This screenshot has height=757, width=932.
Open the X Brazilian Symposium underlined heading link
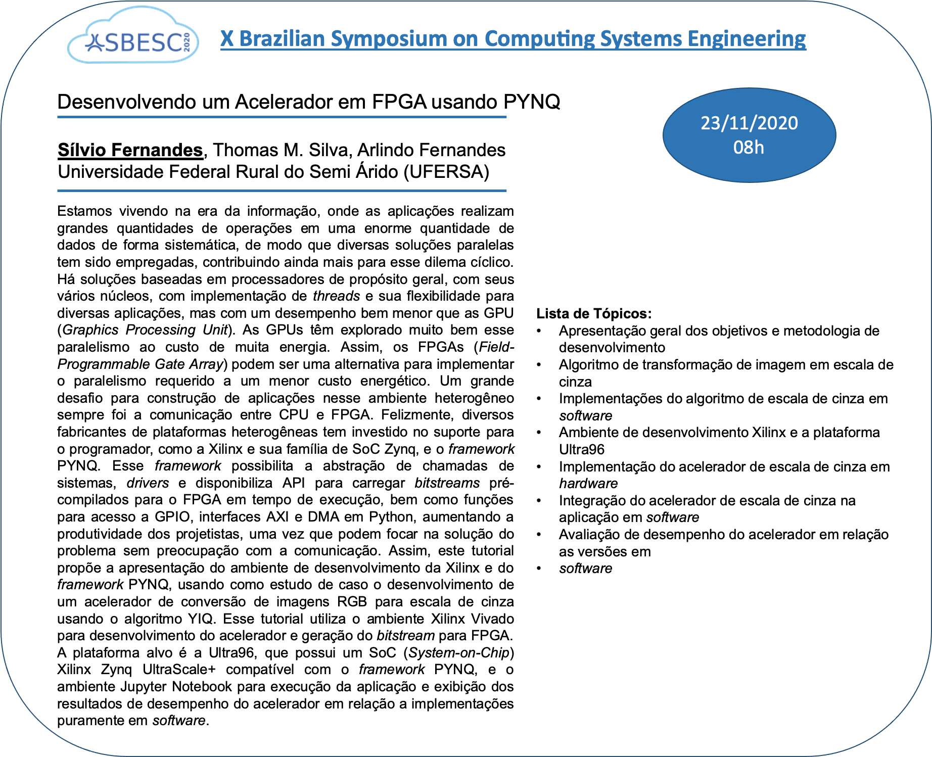point(512,38)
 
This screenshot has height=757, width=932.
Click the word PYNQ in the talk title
point(532,102)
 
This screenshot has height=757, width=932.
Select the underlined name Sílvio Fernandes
point(130,150)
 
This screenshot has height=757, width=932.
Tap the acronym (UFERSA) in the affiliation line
point(446,172)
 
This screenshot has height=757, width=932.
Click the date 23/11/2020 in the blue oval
point(749,123)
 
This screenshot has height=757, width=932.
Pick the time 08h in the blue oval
point(749,148)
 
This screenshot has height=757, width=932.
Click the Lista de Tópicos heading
point(594,313)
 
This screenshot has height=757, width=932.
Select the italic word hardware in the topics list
point(588,484)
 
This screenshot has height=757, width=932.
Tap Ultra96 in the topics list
point(581,449)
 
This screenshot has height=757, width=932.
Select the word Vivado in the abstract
point(492,619)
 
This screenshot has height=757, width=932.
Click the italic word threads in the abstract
point(336,296)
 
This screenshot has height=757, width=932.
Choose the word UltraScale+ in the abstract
point(179,670)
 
